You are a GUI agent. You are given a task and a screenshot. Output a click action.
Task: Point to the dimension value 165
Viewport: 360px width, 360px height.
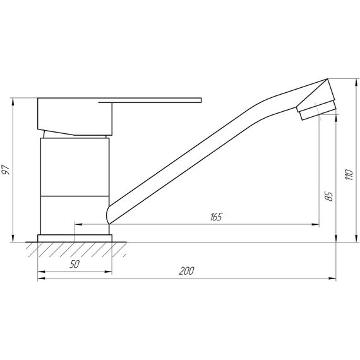click(x=215, y=217)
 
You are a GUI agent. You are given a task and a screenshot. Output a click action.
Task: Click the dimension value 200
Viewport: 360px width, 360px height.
click(x=186, y=271)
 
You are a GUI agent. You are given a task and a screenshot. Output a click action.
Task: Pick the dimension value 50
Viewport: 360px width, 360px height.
click(x=75, y=265)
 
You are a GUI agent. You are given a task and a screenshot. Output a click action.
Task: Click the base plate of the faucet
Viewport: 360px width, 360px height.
click(x=75, y=238)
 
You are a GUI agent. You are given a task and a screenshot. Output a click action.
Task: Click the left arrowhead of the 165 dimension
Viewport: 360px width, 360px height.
click(x=78, y=224)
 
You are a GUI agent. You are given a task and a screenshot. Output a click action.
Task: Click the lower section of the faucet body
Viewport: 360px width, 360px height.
click(x=75, y=215)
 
